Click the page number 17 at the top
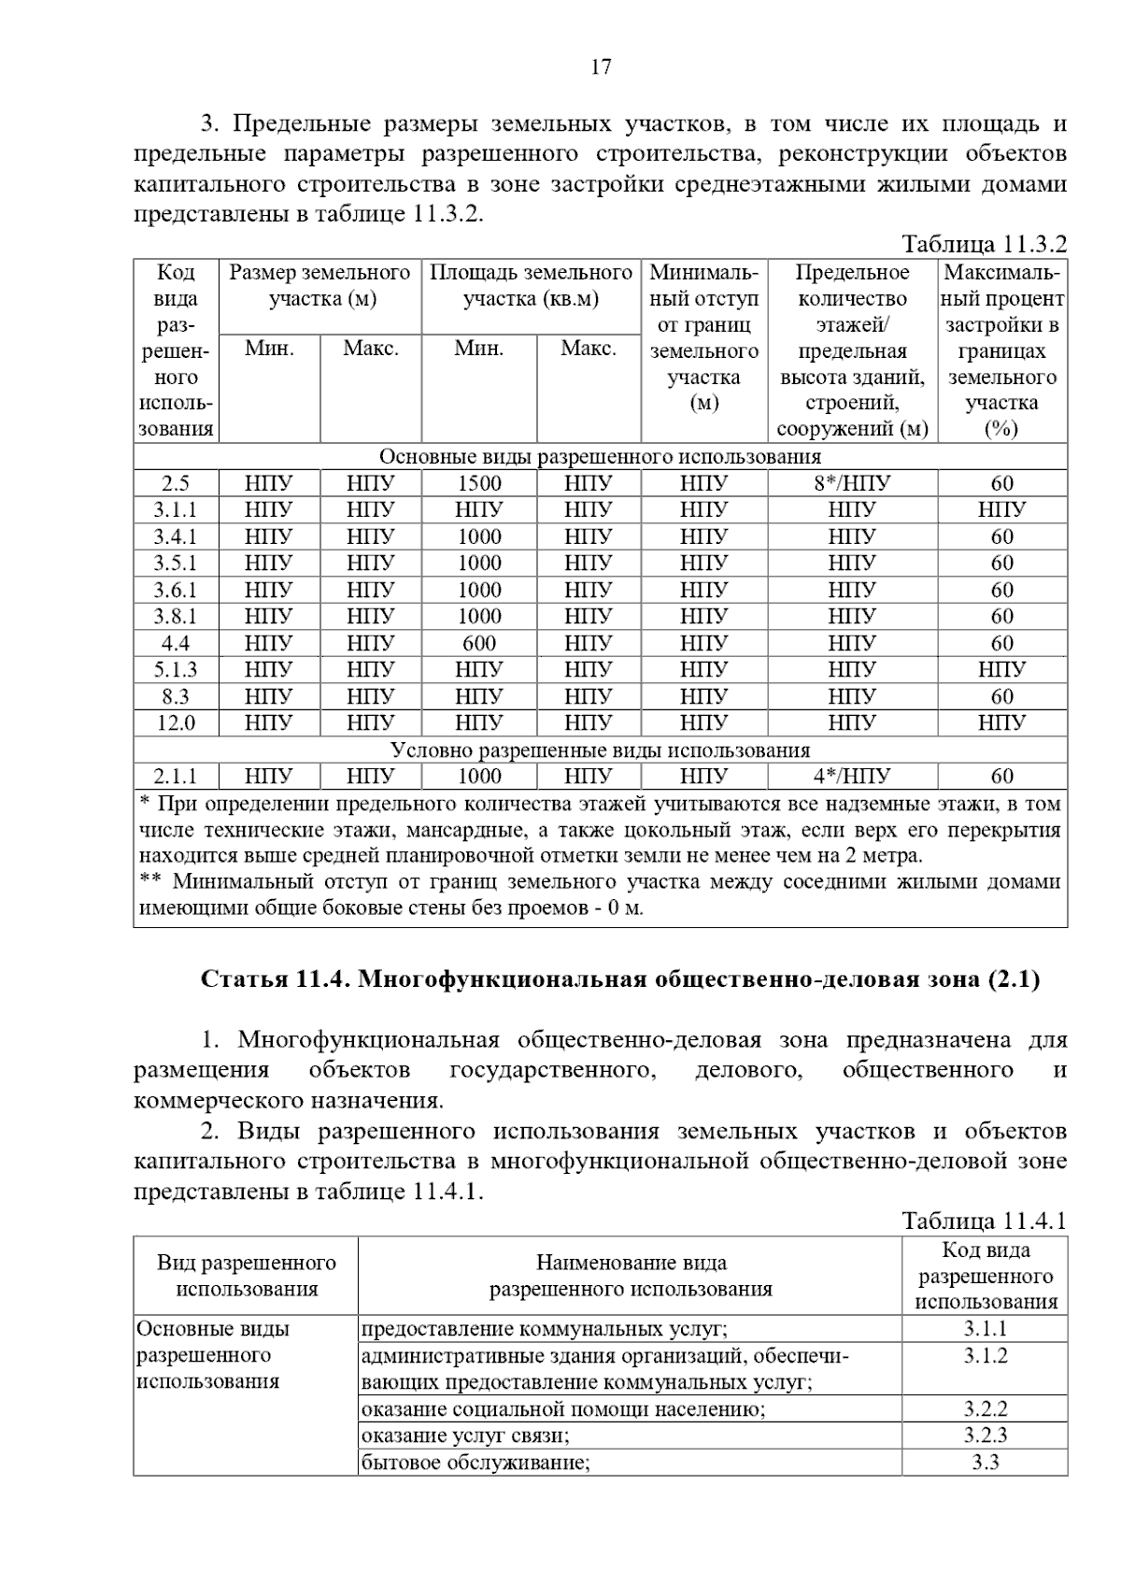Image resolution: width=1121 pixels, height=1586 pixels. (601, 67)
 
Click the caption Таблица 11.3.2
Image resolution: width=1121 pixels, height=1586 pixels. (984, 245)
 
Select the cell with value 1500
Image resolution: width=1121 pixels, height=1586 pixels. (479, 483)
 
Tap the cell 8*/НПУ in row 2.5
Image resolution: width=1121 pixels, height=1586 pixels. (852, 483)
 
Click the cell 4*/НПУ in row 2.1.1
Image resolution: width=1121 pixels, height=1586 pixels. (852, 776)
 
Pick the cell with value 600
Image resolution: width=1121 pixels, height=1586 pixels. (479, 643)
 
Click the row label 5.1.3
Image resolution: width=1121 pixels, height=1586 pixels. (176, 669)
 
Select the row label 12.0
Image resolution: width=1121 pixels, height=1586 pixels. (176, 722)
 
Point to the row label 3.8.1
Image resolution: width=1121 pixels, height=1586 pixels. (176, 616)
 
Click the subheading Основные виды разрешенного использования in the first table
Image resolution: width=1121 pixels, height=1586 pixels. (600, 457)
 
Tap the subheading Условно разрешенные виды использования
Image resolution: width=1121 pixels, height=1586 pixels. (600, 750)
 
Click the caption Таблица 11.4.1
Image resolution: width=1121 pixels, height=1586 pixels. (984, 1221)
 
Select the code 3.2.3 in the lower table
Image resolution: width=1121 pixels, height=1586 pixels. (985, 1435)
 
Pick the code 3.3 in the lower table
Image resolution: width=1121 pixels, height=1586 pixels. (985, 1462)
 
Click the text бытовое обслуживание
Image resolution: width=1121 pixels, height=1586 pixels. (475, 1462)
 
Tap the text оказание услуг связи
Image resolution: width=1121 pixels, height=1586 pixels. (465, 1435)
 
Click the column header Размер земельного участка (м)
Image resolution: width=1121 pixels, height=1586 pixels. (319, 286)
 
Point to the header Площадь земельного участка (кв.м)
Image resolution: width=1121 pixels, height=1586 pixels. (531, 286)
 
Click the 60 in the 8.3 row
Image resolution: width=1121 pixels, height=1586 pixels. (1001, 696)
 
